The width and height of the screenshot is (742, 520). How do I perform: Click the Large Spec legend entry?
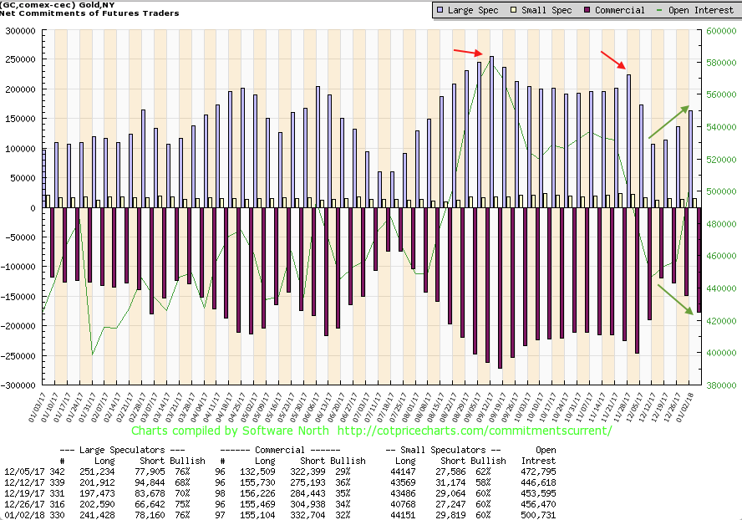coord(465,10)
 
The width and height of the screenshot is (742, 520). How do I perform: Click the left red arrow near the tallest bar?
coord(467,53)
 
